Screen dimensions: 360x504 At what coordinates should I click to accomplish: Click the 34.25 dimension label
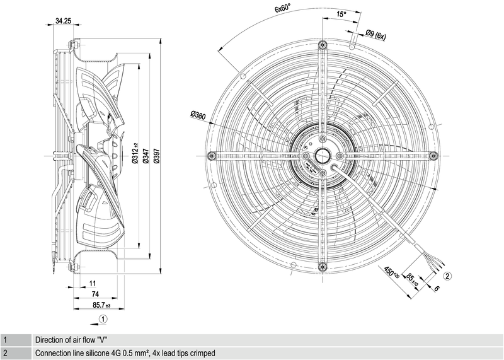pos(62,21)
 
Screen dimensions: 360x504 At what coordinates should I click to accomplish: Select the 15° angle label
pos(341,14)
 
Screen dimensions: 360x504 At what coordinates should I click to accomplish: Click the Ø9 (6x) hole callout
pos(375,36)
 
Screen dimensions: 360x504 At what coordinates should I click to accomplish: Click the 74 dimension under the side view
pos(94,294)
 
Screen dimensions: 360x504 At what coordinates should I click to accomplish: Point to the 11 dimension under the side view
pos(92,283)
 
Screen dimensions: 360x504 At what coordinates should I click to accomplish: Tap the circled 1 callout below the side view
pos(103,319)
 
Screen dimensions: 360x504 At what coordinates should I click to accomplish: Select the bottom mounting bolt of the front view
pos(323,265)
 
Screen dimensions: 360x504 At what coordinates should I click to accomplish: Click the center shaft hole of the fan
pos(323,155)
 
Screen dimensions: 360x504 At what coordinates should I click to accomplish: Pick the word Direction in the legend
pos(50,340)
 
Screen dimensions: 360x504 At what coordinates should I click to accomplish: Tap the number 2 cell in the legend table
pos(4,353)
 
